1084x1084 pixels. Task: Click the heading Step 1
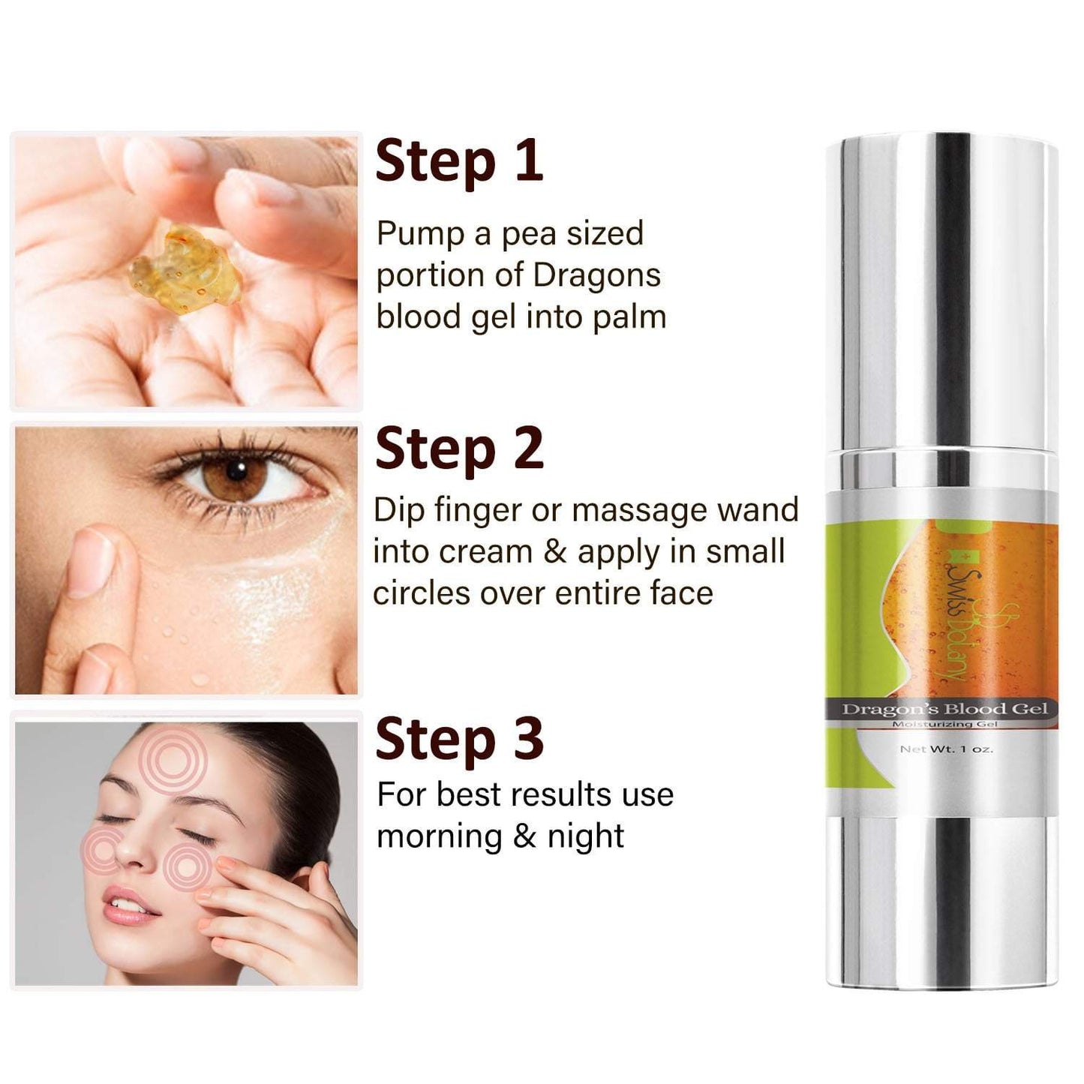click(x=459, y=162)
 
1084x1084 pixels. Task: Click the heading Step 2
click(x=459, y=450)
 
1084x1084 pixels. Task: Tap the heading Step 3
click(x=459, y=739)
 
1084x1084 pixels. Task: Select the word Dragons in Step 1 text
click(x=596, y=275)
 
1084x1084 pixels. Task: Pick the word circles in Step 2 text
click(x=422, y=593)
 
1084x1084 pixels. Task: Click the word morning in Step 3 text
click(x=440, y=838)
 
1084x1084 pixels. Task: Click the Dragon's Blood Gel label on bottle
click(x=945, y=708)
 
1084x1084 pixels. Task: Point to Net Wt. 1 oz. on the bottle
click(x=946, y=749)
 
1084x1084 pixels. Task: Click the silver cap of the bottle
click(x=941, y=293)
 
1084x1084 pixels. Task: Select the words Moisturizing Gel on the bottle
click(x=945, y=724)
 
